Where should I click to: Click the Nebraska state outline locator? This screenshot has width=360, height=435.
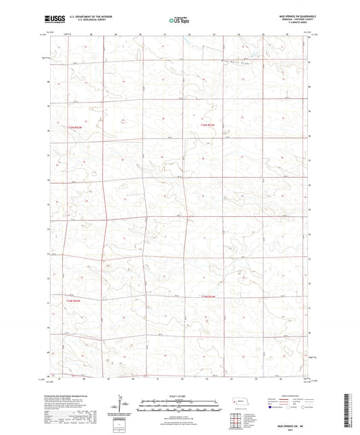coord(240,403)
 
